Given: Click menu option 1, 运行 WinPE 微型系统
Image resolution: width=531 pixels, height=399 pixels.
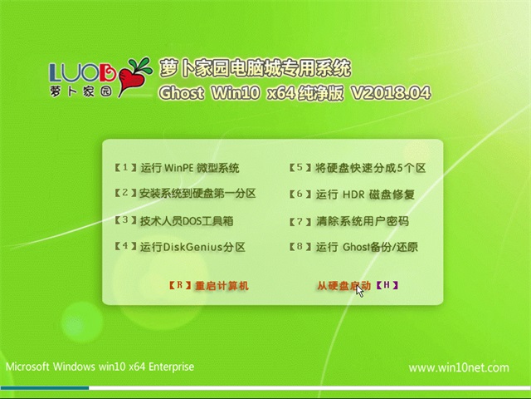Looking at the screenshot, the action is click(177, 168).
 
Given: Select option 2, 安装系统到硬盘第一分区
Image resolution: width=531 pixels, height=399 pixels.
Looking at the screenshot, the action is click(185, 194).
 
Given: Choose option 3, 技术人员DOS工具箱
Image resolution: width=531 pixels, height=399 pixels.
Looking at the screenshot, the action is click(174, 221).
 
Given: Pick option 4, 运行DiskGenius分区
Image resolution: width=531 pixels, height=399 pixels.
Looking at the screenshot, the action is click(179, 247).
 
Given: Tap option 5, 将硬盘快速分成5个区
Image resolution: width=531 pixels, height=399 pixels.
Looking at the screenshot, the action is click(358, 168).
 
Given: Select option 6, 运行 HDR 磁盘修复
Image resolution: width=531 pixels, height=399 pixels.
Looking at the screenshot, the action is click(352, 195).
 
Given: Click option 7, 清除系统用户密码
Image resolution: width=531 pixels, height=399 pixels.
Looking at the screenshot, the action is click(348, 221).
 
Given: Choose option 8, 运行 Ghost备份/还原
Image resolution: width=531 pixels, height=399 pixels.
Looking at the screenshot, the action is click(353, 247).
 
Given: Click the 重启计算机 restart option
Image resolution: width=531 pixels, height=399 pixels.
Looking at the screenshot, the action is click(222, 286).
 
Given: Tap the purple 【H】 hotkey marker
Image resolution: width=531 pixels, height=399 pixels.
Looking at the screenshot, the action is click(387, 285).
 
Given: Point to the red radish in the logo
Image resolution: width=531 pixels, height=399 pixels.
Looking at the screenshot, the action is click(129, 80).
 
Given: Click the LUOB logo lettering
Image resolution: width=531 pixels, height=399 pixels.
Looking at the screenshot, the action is click(83, 71).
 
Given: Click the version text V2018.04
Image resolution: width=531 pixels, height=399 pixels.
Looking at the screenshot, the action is click(391, 93).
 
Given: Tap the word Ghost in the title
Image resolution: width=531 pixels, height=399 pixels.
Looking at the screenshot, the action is click(182, 93).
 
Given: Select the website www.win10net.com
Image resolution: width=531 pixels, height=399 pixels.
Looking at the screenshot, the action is click(459, 367).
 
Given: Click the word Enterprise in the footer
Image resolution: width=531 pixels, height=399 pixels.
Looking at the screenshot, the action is click(172, 367).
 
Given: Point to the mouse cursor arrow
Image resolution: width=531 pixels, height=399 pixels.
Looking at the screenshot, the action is click(359, 292).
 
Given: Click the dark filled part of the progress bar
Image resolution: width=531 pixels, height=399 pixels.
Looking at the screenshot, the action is click(45, 388).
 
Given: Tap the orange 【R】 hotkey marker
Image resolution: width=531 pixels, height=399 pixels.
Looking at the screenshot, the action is click(180, 285).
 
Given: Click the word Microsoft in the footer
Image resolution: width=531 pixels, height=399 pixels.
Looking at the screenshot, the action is click(28, 367).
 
